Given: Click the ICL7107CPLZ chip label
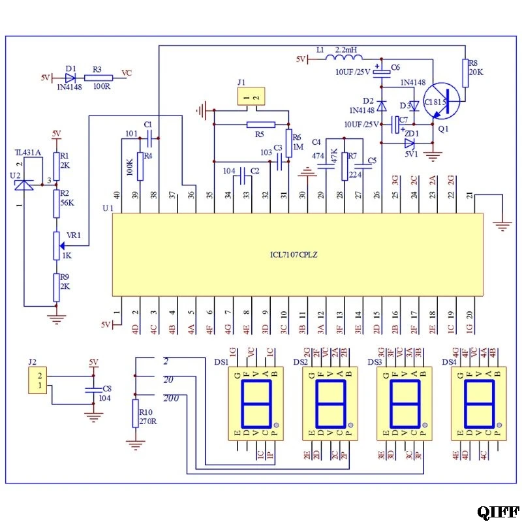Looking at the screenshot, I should coord(294,254).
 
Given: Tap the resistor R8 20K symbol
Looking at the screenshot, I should coord(465,72).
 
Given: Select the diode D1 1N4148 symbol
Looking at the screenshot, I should coord(70,77).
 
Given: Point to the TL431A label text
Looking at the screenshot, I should coord(28,152).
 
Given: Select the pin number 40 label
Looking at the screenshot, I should coord(117,194).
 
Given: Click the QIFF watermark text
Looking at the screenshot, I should coord(498,512).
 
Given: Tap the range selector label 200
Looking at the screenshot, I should coord(172,398).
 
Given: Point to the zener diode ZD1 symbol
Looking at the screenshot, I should coord(409,143).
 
